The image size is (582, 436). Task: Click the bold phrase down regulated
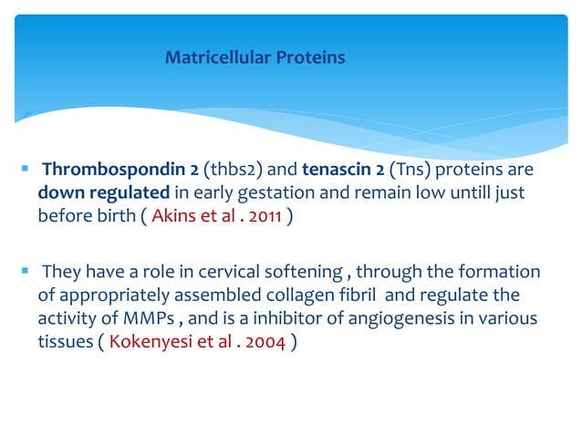coord(89,194)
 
